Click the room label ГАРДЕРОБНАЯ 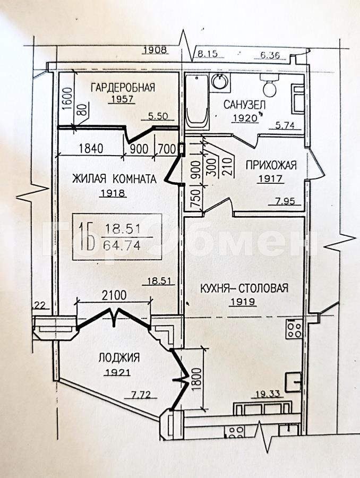point(123,88)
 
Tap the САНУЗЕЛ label point(244,105)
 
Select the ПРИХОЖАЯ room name point(271,165)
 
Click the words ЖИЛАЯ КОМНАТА point(114,178)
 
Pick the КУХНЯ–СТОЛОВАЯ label point(244,288)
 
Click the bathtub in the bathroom point(197,101)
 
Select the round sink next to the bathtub point(220,82)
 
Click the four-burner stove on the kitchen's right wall point(294,328)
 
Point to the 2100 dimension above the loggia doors point(114,295)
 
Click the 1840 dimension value point(91,149)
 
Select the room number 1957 point(122,99)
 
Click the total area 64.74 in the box point(122,245)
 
